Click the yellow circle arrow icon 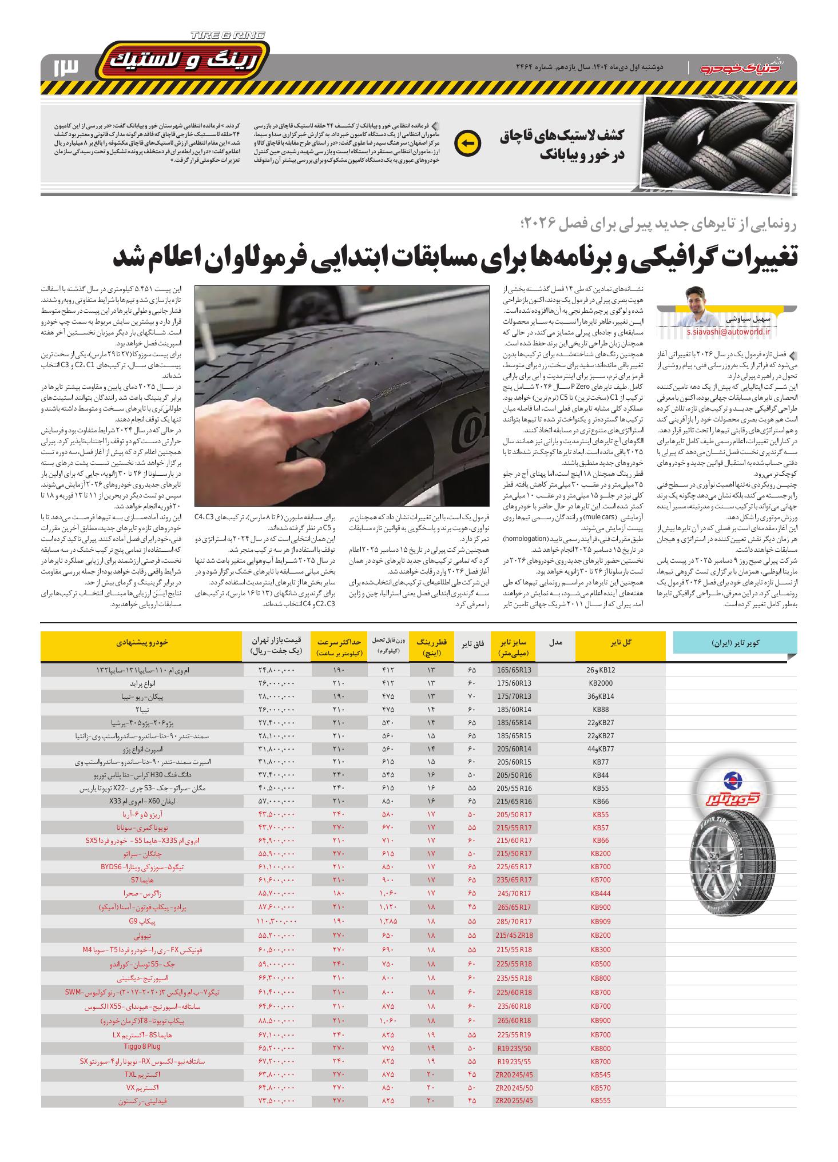coord(467,144)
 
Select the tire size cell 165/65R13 coord(514,670)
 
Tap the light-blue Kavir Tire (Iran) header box coord(735,643)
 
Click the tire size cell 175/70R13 coord(514,697)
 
